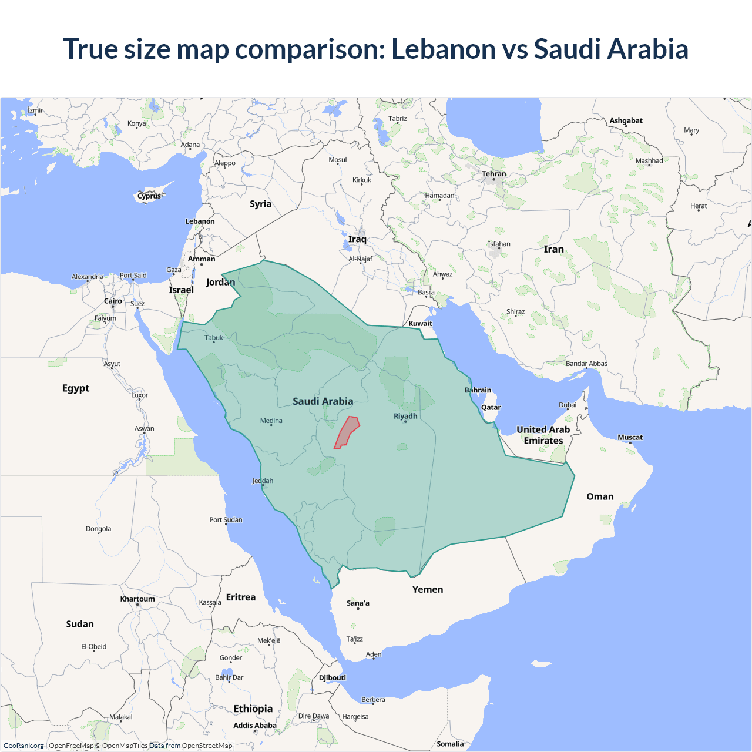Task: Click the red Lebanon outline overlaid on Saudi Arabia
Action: pyautogui.click(x=347, y=433)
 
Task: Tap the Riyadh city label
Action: pyautogui.click(x=405, y=416)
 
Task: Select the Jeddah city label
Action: pyautogui.click(x=263, y=481)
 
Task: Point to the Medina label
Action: pyautogui.click(x=271, y=421)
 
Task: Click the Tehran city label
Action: pyautogui.click(x=493, y=174)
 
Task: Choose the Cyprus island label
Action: pyautogui.click(x=149, y=196)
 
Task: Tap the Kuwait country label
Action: pyautogui.click(x=420, y=323)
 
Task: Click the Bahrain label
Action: pyautogui.click(x=478, y=390)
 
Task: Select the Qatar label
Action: pyautogui.click(x=491, y=407)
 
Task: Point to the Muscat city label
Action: pyautogui.click(x=630, y=437)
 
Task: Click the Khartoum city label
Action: pyautogui.click(x=137, y=599)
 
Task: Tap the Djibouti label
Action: pyautogui.click(x=333, y=677)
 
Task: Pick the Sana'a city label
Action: pyautogui.click(x=358, y=603)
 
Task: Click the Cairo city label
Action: pyautogui.click(x=113, y=301)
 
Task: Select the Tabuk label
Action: pyautogui.click(x=214, y=338)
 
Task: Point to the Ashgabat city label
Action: pyautogui.click(x=626, y=120)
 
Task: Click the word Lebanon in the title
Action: pyautogui.click(x=444, y=49)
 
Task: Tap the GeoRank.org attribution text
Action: pyautogui.click(x=23, y=746)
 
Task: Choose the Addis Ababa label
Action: pyautogui.click(x=254, y=726)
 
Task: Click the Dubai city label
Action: pyautogui.click(x=568, y=405)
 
